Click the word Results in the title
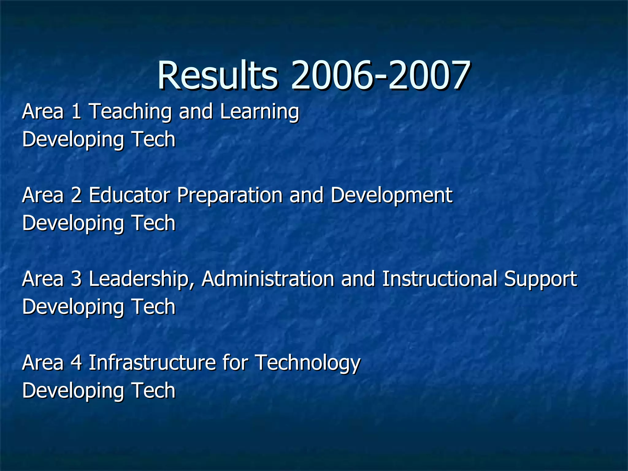218,75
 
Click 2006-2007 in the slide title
380,75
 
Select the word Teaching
130,112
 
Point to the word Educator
129,195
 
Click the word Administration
268,279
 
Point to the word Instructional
439,279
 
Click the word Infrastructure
152,362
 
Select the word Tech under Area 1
153,139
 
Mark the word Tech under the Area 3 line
153,307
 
